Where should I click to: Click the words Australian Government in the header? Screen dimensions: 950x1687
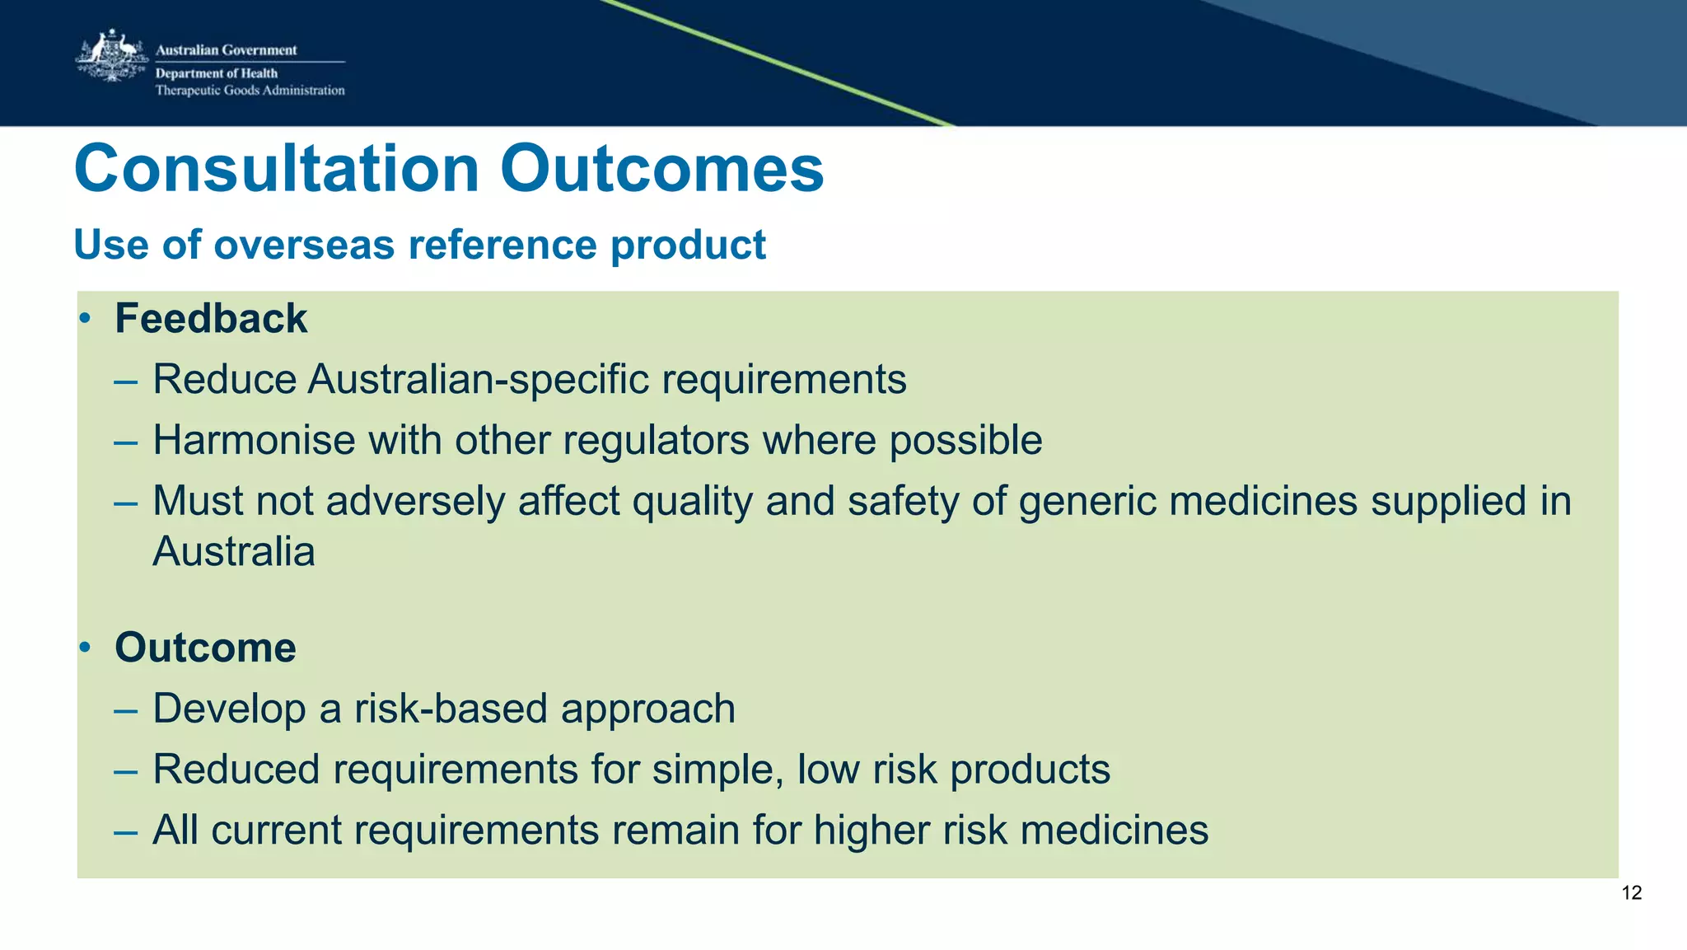click(x=226, y=50)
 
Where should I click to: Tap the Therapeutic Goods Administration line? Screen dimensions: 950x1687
click(x=250, y=91)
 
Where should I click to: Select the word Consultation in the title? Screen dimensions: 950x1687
click(x=277, y=169)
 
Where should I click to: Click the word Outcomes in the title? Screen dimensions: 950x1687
click(x=661, y=169)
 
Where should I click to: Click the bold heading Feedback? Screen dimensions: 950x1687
click(x=211, y=319)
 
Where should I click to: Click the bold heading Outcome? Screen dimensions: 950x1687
click(x=205, y=648)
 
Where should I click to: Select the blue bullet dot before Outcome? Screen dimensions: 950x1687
click(x=84, y=648)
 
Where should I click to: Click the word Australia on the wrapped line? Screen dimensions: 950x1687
click(x=234, y=552)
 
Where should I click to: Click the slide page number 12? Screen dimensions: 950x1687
click(x=1631, y=893)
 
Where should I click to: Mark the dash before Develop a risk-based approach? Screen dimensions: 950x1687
click(x=125, y=709)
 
